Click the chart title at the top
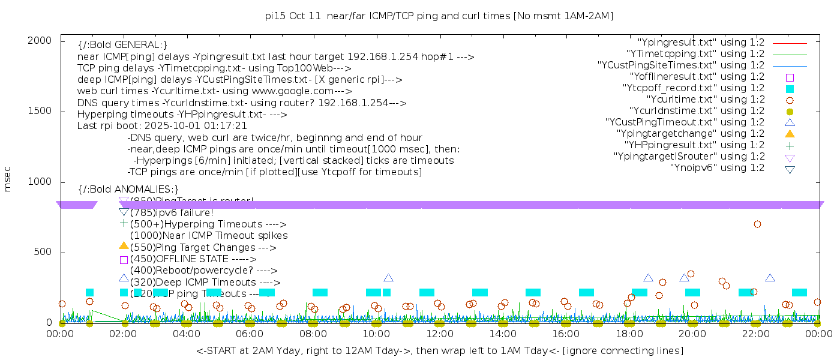point(439,16)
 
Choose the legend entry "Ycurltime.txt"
point(706,100)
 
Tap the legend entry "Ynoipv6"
point(718,168)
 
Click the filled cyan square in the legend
point(790,89)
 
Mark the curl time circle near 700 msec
point(757,224)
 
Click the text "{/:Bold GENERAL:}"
point(122,45)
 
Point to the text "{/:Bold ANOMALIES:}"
point(128,190)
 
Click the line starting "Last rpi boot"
point(162,126)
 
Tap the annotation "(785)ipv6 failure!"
point(172,213)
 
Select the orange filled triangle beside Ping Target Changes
point(124,245)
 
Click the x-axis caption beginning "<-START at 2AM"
point(439,350)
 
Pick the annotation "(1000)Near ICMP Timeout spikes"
point(209,236)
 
